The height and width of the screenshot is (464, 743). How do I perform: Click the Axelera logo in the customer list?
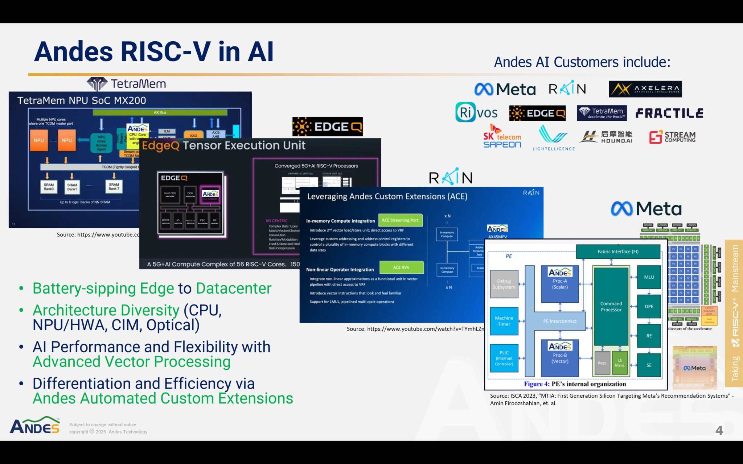[645, 89]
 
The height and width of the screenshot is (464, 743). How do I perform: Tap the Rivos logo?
[476, 112]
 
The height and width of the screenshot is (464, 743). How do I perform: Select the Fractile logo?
[669, 113]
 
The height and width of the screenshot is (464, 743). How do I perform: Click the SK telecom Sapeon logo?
[502, 137]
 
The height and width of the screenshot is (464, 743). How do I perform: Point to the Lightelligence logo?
[554, 138]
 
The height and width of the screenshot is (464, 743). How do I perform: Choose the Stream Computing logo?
[672, 137]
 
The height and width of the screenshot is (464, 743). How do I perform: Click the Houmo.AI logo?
[606, 137]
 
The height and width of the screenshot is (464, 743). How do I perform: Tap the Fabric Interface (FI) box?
[618, 251]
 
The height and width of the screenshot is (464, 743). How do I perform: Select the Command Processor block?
[611, 307]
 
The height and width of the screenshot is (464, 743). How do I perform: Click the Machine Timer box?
[504, 321]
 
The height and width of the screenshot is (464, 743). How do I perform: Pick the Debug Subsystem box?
[504, 284]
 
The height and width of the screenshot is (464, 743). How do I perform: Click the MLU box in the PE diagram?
[649, 277]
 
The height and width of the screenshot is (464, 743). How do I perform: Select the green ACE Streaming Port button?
[400, 220]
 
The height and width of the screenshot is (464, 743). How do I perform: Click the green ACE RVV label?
[401, 267]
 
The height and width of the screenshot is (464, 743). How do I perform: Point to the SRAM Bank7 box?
[114, 187]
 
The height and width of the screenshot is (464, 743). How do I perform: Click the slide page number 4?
[719, 431]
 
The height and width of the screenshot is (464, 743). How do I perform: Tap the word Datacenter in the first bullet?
[234, 289]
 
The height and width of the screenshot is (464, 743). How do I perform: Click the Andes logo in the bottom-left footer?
[35, 426]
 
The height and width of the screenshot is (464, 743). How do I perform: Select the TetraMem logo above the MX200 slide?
[126, 84]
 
